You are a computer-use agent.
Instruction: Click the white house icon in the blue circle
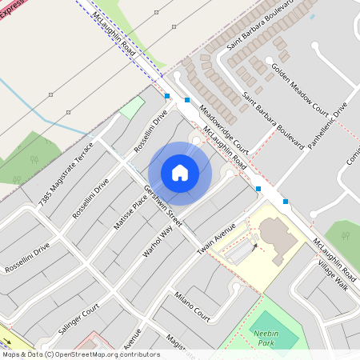point(180,173)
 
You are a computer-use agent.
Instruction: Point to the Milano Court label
point(191,305)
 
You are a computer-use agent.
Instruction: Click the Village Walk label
point(332,274)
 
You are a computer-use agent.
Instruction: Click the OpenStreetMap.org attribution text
point(104,354)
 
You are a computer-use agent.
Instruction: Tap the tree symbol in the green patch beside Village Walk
point(349,236)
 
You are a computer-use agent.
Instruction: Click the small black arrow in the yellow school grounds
point(255,246)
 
